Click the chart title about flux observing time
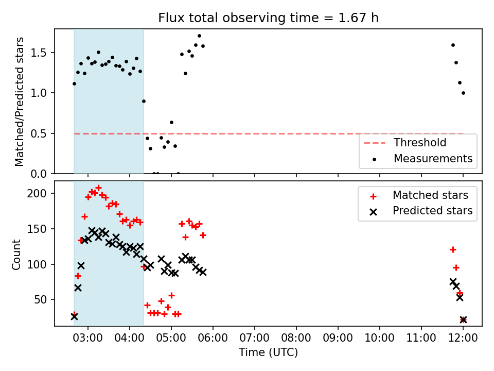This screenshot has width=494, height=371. pyautogui.click(x=268, y=18)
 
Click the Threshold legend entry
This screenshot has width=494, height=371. pyautogui.click(x=405, y=143)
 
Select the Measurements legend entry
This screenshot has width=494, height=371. pyautogui.click(x=418, y=158)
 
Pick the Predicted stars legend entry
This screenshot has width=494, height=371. pyautogui.click(x=418, y=211)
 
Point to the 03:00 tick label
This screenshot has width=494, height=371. pyautogui.click(x=88, y=338)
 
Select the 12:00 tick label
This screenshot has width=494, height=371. pyautogui.click(x=463, y=338)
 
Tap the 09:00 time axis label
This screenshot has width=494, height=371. pyautogui.click(x=338, y=338)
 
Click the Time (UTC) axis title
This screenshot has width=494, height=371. pyautogui.click(x=268, y=352)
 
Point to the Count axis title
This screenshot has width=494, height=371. pyautogui.click(x=16, y=255)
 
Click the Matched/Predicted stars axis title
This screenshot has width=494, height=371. pyautogui.click(x=19, y=102)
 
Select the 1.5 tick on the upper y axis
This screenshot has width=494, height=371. pyautogui.click(x=39, y=53)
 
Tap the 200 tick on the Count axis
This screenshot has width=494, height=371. pyautogui.click(x=37, y=193)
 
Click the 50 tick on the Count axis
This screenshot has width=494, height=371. pyautogui.click(x=40, y=300)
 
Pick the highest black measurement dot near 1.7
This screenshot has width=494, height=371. pyautogui.click(x=199, y=36)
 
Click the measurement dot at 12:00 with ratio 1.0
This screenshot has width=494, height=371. pyautogui.click(x=463, y=93)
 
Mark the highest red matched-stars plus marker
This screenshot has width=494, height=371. pyautogui.click(x=98, y=188)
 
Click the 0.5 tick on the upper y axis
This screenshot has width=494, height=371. pyautogui.click(x=39, y=134)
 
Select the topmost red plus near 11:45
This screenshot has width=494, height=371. pyautogui.click(x=453, y=250)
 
